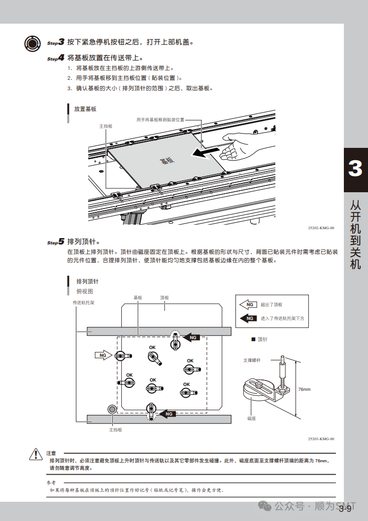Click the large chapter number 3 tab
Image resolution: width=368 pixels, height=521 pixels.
(355, 169)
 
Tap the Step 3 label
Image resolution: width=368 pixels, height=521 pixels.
(56, 42)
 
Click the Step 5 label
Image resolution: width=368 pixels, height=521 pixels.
(56, 242)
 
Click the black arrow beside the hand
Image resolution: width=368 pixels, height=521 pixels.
(203, 153)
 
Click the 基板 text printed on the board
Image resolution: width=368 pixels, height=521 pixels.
(167, 160)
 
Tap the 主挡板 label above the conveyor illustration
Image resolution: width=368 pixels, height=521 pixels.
(106, 126)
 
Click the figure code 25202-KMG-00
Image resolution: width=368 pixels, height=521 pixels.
(321, 228)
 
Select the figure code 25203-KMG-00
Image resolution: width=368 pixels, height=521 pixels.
(321, 439)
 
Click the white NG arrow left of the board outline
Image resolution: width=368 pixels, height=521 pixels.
(104, 355)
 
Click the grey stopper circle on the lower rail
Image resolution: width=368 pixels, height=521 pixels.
(112, 409)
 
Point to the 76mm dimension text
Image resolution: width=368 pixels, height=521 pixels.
(304, 389)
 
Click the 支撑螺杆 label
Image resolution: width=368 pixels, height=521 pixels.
(252, 360)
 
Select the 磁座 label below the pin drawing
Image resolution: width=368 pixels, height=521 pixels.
(251, 418)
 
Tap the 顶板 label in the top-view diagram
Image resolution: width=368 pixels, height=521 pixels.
(165, 298)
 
